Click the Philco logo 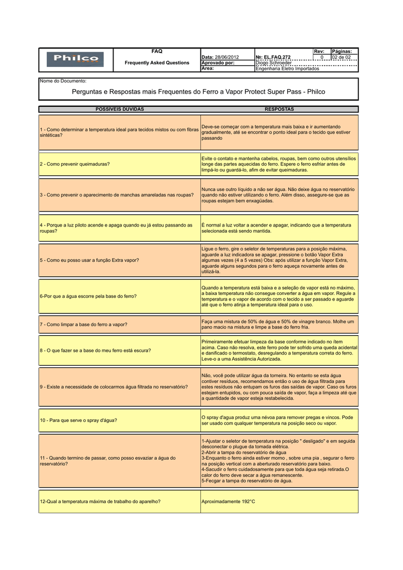pyautogui.click(x=76, y=58)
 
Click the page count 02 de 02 pyautogui.click(x=341, y=57)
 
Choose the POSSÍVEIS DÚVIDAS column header pyautogui.click(x=120, y=109)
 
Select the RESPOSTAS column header pyautogui.click(x=279, y=109)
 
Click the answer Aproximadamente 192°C pyautogui.click(x=228, y=502)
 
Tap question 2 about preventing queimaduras pyautogui.click(x=75, y=164)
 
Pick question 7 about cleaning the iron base pyautogui.click(x=83, y=324)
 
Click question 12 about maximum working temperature pyautogui.click(x=100, y=502)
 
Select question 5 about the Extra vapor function pyautogui.click(x=89, y=260)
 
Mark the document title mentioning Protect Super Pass pyautogui.click(x=199, y=91)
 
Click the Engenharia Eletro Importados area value pyautogui.click(x=287, y=68)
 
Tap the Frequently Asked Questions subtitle pyautogui.click(x=157, y=63)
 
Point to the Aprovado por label pyautogui.click(x=218, y=63)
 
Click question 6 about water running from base pyautogui.click(x=88, y=296)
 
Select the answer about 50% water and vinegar pyautogui.click(x=278, y=324)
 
